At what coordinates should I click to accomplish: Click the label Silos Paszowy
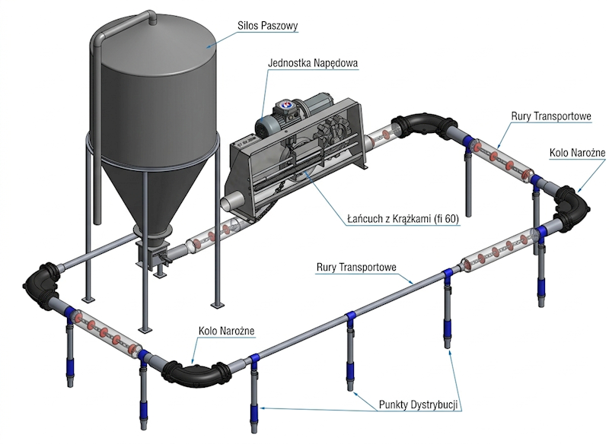(x=265, y=26)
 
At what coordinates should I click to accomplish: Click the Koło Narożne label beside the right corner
(x=576, y=153)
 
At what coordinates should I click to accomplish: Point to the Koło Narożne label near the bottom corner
(x=226, y=331)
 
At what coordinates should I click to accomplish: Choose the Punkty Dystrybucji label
(x=417, y=404)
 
